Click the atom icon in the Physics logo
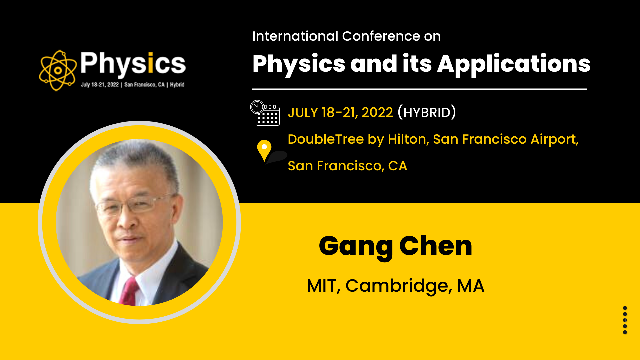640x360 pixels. click(x=58, y=70)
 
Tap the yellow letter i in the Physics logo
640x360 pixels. click(x=150, y=62)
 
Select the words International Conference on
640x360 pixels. click(x=346, y=36)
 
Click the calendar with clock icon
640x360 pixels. click(x=265, y=113)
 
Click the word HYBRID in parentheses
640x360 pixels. click(x=427, y=112)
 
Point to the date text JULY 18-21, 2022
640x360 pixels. click(x=340, y=112)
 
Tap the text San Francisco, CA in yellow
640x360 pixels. click(x=347, y=166)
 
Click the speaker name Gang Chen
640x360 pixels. click(x=395, y=246)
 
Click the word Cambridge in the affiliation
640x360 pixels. click(x=399, y=286)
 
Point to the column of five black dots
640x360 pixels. click(x=625, y=320)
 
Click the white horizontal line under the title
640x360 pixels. click(x=419, y=89)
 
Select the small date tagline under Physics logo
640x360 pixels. click(x=133, y=85)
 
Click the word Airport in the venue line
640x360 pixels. click(x=554, y=139)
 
